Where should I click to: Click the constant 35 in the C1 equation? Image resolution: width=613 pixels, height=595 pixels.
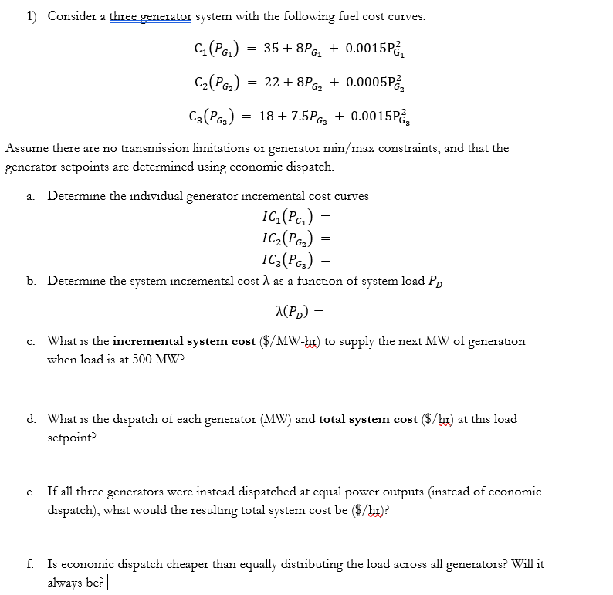coord(271,49)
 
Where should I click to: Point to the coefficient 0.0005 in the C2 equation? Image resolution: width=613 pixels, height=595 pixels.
coord(365,82)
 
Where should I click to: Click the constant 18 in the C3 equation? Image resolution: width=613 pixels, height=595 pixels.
coord(266,116)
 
